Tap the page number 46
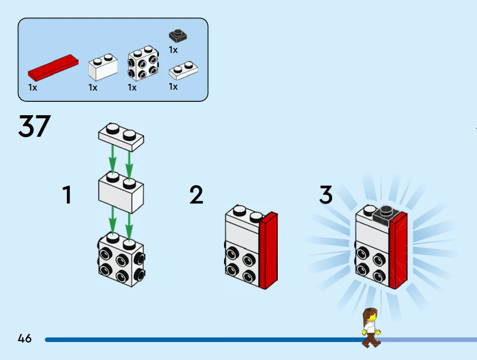[x=25, y=338]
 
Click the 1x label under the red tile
[x=33, y=87]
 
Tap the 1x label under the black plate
[x=173, y=50]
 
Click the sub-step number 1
[x=67, y=195]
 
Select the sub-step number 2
[x=196, y=195]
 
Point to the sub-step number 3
[x=326, y=195]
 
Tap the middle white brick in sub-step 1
[x=121, y=194]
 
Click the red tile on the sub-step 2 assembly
[x=268, y=251]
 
